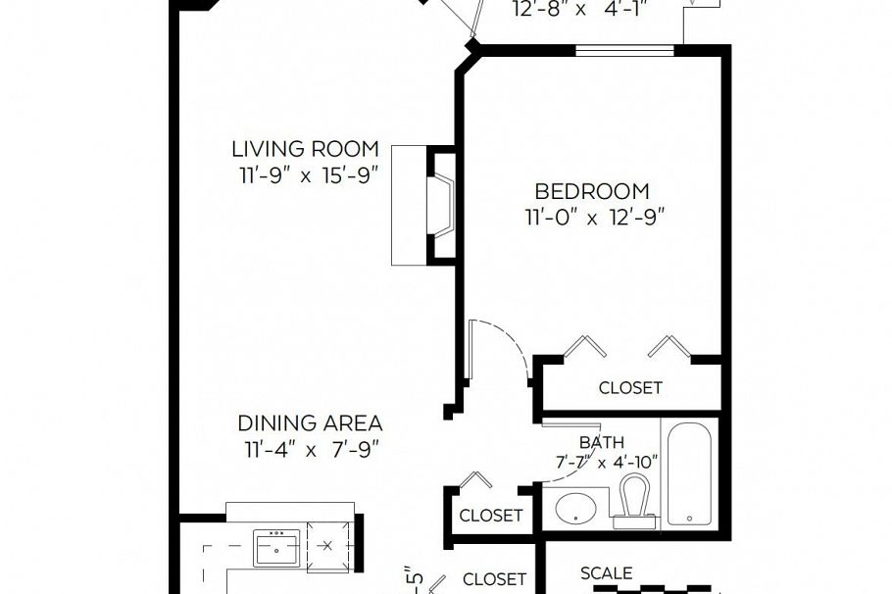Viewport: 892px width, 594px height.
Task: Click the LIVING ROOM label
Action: [x=305, y=149]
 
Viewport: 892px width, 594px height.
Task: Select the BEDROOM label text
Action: [x=591, y=191]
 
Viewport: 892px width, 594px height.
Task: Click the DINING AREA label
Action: [x=310, y=423]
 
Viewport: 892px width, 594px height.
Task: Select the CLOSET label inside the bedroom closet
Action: [x=630, y=388]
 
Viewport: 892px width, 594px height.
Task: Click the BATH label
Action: [x=601, y=443]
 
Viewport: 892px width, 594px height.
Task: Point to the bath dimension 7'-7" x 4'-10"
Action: [x=605, y=462]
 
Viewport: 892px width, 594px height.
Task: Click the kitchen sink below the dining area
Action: [x=279, y=547]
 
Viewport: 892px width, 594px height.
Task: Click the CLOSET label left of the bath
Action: [x=490, y=516]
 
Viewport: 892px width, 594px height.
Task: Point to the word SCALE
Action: [x=606, y=573]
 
